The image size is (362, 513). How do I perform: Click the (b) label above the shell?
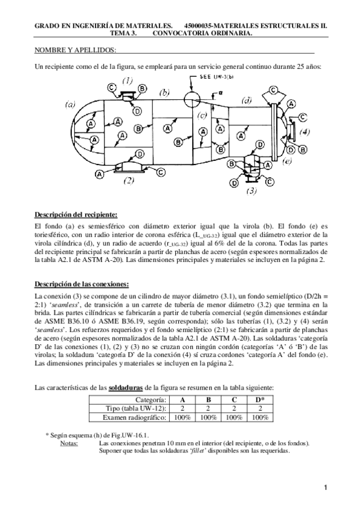click(164, 93)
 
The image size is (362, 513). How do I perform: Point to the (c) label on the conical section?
click(203, 114)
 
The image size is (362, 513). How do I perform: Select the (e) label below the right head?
click(288, 162)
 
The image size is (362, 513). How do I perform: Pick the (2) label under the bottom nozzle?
click(128, 180)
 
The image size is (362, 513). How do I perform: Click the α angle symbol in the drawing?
click(221, 93)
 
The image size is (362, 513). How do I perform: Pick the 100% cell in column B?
click(208, 417)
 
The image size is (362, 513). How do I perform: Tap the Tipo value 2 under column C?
click(234, 409)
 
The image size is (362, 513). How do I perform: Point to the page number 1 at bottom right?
click(325, 488)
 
